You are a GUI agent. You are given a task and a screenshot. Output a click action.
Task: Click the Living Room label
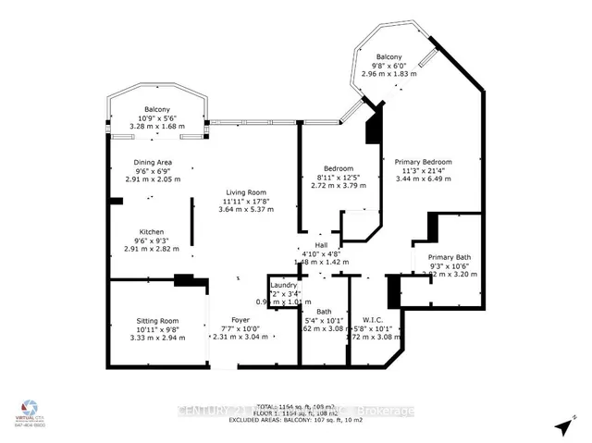coord(245,191)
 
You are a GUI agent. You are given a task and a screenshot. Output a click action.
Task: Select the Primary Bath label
coord(449,256)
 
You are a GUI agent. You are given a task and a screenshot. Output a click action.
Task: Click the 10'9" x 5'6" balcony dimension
coord(156,118)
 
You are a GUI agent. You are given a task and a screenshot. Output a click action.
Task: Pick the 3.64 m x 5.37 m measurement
coord(245,209)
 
